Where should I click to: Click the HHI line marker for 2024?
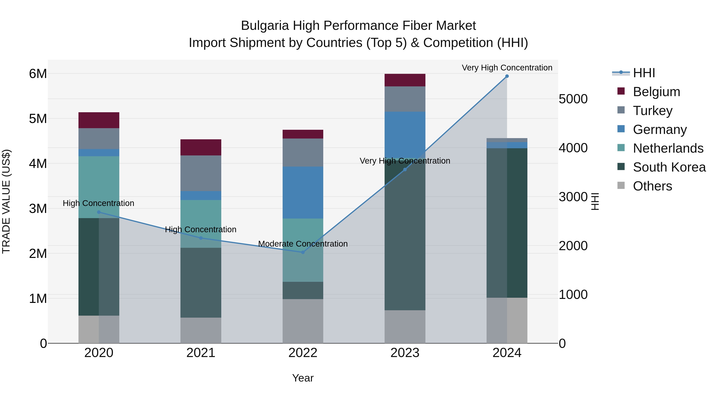507,76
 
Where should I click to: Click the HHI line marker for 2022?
303,252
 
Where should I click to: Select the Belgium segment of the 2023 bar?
405,80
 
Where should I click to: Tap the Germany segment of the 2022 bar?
303,192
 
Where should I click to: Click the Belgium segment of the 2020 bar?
99,120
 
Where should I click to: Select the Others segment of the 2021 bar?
201,330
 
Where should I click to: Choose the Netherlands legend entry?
668,148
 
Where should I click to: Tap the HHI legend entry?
644,73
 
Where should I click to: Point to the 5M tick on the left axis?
38,119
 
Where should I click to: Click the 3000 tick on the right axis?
573,197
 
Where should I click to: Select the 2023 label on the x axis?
405,353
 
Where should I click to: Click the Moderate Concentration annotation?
303,244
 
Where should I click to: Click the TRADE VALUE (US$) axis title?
6,201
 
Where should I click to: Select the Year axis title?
303,378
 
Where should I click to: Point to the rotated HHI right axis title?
595,201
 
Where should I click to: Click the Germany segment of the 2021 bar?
201,195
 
